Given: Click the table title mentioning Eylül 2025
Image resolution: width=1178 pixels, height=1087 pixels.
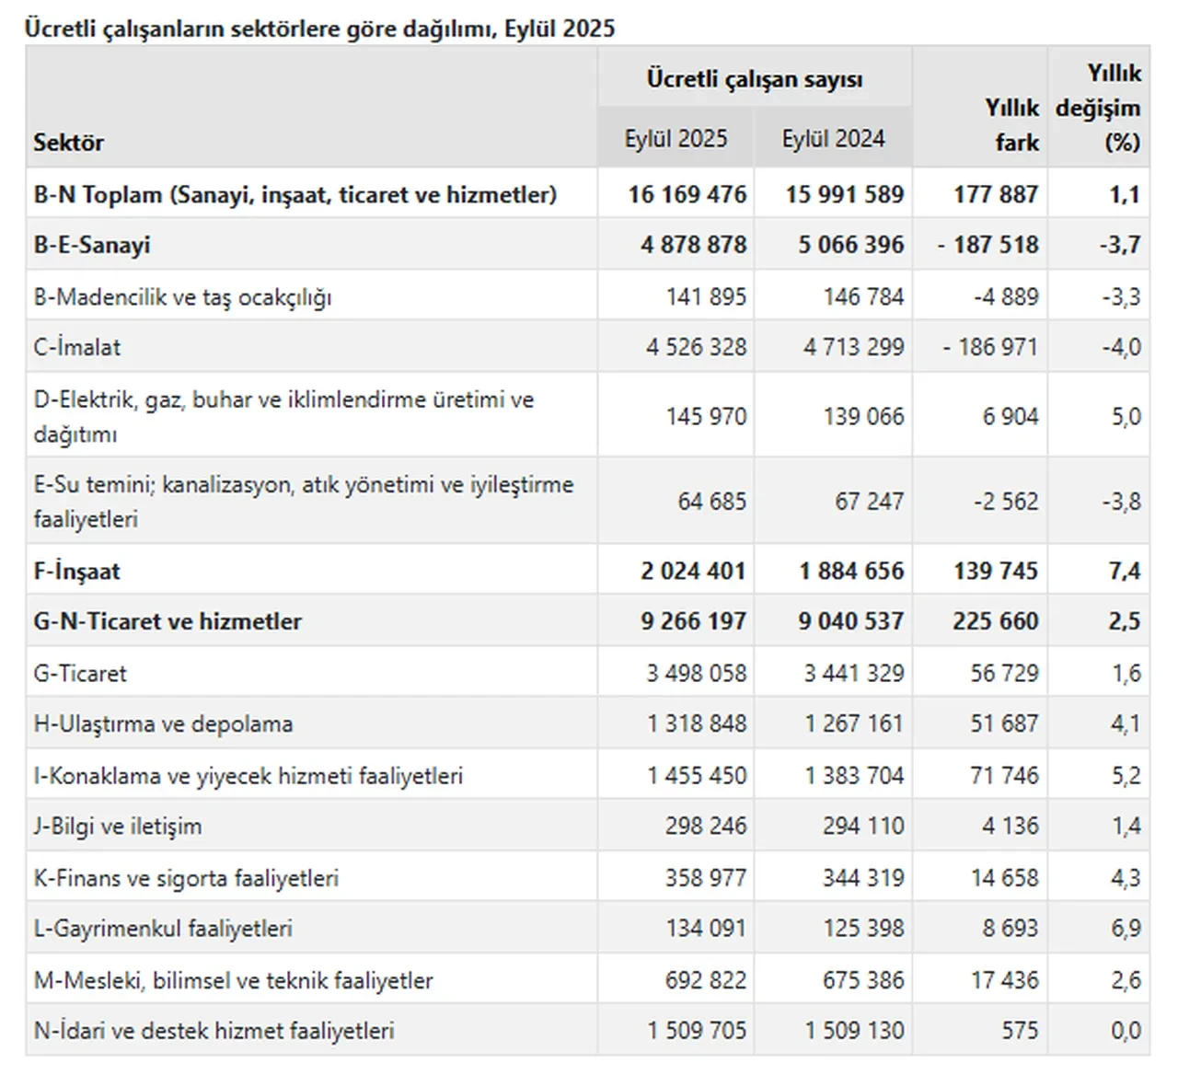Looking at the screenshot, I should coord(319,29).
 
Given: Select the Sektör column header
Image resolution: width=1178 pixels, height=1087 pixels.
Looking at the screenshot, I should coord(69,143).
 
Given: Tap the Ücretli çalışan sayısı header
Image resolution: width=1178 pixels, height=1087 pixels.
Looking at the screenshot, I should coord(754,79).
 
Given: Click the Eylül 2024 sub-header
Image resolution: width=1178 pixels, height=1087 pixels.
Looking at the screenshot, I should coord(833,139).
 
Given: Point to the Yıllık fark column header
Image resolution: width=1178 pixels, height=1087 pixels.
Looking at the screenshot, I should coord(1012,125).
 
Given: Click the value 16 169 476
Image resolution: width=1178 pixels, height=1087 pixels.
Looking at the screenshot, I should coord(687,195).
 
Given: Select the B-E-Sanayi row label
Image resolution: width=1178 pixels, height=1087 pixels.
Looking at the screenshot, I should coord(92,246).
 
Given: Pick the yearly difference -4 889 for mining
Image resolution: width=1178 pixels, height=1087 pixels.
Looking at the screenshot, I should coord(1006,297).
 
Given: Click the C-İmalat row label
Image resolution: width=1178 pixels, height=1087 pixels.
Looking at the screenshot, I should coord(77,348).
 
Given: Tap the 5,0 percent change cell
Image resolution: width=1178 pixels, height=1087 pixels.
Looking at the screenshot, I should coord(1126,417).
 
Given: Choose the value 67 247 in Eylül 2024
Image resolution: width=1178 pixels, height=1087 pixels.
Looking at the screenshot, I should coord(869,502).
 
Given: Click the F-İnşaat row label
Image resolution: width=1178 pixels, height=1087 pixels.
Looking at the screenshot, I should coord(77,572).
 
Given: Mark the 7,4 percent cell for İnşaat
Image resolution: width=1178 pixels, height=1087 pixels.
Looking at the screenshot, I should coord(1125,572).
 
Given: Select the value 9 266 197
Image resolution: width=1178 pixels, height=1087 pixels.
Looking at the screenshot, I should coord(694,622).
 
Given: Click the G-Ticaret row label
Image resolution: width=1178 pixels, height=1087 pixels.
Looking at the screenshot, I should coord(80,674).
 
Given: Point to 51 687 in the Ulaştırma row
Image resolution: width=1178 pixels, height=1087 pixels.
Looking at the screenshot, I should coord(1004,724).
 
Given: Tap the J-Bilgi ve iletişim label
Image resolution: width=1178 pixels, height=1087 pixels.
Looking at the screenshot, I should coord(118,827).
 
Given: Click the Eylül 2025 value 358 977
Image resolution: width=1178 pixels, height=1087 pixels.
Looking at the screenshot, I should coord(706,878).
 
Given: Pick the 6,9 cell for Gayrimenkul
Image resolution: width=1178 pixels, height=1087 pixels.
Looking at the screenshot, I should coord(1126,929).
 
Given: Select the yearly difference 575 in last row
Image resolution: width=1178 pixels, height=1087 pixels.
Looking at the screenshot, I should coord(1020,1031).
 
